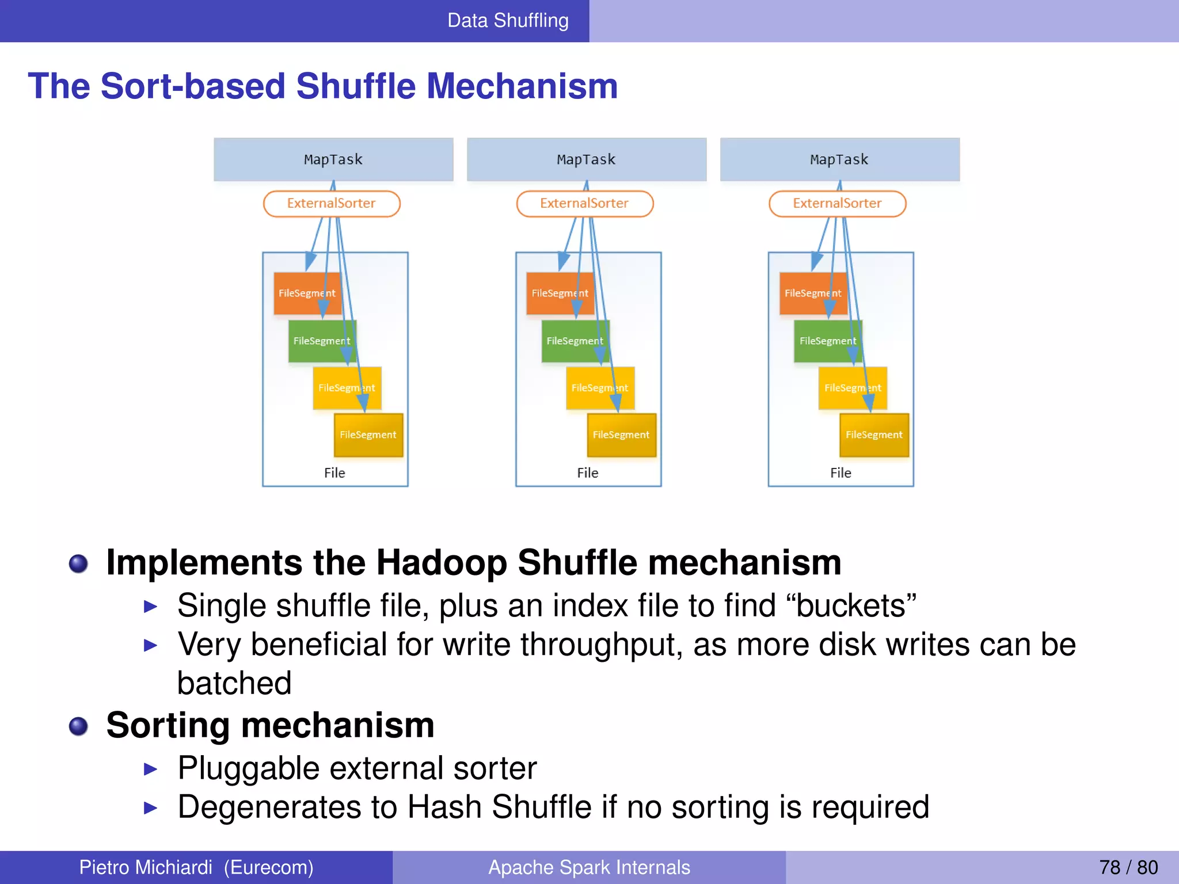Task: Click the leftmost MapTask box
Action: pyautogui.click(x=333, y=159)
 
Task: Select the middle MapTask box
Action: pyautogui.click(x=586, y=159)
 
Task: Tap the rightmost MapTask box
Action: pyautogui.click(x=839, y=159)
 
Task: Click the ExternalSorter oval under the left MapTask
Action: pyautogui.click(x=332, y=204)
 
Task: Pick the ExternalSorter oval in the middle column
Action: pyautogui.click(x=584, y=204)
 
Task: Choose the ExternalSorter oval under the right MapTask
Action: pyautogui.click(x=837, y=204)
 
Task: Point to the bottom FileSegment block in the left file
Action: pyautogui.click(x=368, y=435)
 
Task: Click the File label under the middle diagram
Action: pyautogui.click(x=588, y=473)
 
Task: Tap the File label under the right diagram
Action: pyautogui.click(x=840, y=473)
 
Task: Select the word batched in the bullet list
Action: pyautogui.click(x=234, y=684)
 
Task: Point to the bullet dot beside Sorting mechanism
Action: pyautogui.click(x=78, y=726)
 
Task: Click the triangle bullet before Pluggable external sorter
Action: pyautogui.click(x=150, y=769)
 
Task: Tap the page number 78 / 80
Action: pyautogui.click(x=1128, y=867)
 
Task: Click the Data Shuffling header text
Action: pyautogui.click(x=508, y=21)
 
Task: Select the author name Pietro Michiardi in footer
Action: pyautogui.click(x=146, y=867)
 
